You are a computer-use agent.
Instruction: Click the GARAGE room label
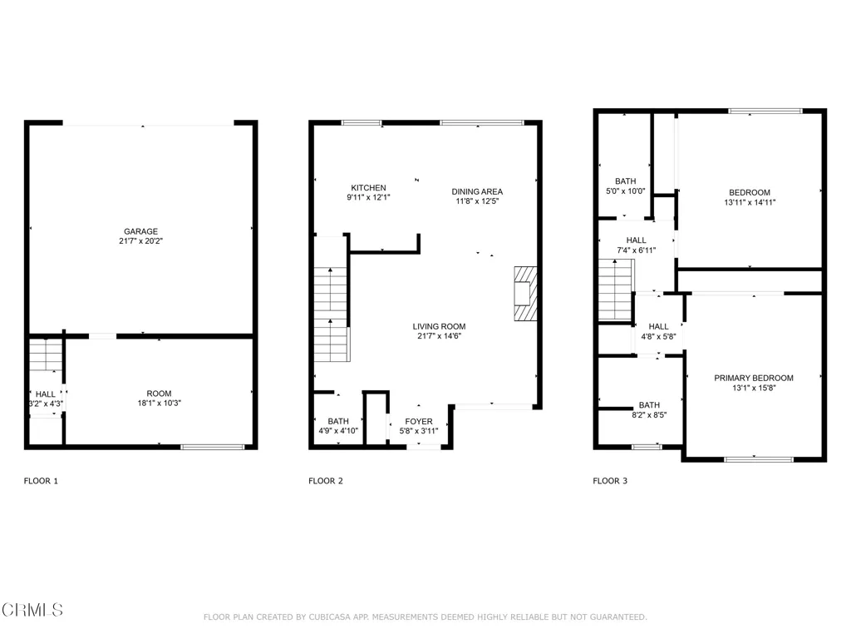tap(140, 231)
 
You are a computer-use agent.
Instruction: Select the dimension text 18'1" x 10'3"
tap(159, 404)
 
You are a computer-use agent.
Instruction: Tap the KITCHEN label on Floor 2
tap(368, 188)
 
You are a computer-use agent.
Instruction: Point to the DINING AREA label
tap(477, 191)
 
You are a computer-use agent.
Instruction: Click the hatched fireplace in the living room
tap(525, 293)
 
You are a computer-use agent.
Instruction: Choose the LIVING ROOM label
tap(439, 326)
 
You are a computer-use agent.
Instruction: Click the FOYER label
tap(419, 421)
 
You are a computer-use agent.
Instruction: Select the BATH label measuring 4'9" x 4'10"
tap(338, 421)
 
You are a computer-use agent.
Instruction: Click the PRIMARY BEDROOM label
tap(754, 378)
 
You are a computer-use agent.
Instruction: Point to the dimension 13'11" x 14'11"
tap(750, 202)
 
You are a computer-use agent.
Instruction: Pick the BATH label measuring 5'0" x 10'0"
tap(625, 181)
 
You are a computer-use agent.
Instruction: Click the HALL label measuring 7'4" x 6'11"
tap(636, 240)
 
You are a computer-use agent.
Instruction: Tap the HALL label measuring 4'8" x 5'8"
tap(658, 326)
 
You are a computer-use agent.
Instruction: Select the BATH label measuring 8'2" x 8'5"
tap(649, 405)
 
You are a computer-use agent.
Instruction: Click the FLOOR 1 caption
tap(41, 481)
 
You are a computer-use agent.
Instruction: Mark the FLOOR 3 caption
tap(610, 481)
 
